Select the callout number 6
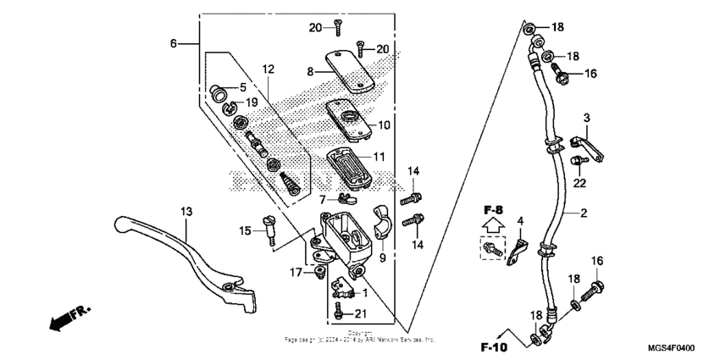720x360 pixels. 174,42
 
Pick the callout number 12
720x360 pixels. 268,69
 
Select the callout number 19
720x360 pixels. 252,102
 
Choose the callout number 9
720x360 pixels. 382,258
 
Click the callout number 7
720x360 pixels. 324,199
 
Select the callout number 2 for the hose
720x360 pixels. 584,213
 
